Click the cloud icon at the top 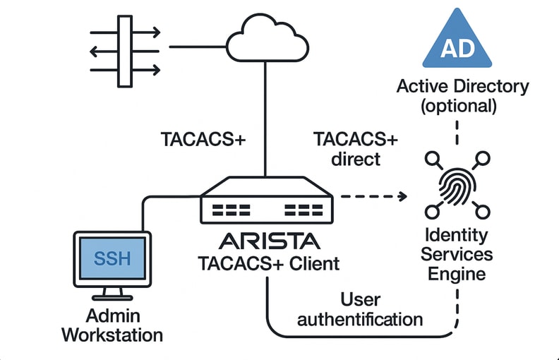coord(265,40)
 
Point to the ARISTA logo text coord(269,241)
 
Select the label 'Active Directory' coord(462,87)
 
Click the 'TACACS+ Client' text coord(268,264)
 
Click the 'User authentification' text coord(360,309)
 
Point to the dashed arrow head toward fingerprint coord(404,196)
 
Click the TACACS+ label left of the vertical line coord(203,138)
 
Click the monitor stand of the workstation coord(112,291)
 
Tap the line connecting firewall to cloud coord(198,47)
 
